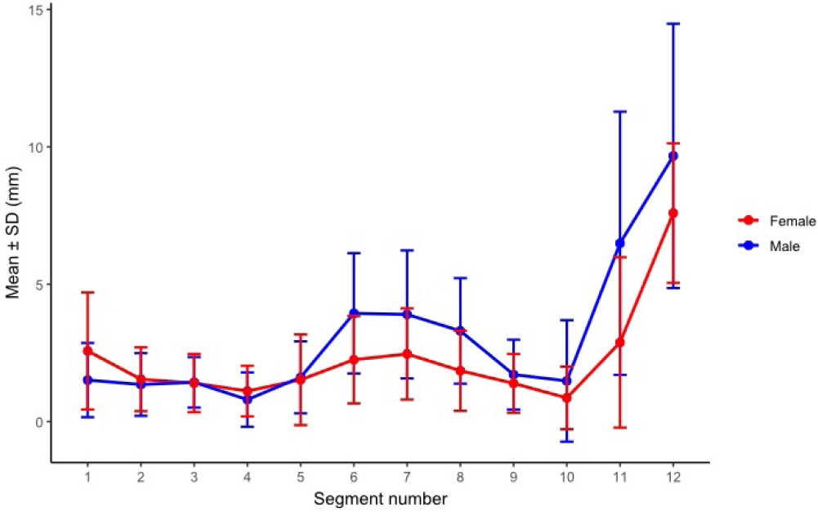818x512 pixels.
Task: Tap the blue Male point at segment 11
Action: click(x=620, y=243)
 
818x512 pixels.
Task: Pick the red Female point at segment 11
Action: click(x=620, y=342)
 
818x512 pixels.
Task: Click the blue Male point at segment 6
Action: click(x=354, y=313)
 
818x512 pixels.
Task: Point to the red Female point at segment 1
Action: click(x=87, y=351)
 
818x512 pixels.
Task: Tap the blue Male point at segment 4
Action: click(x=248, y=399)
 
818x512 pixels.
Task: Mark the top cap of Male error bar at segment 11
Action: click(x=620, y=111)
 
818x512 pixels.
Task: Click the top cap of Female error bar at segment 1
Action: click(x=87, y=292)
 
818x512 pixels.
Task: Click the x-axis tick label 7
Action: click(x=407, y=477)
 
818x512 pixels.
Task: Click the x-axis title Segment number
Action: click(x=380, y=496)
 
